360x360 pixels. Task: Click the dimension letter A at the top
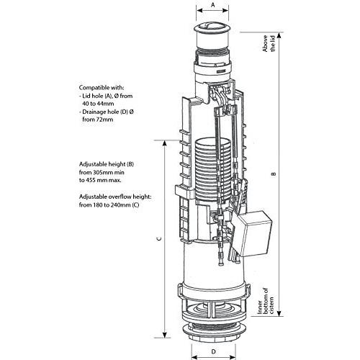click(x=212, y=5)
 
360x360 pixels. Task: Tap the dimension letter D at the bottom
click(x=213, y=352)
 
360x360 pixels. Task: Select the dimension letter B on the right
click(x=274, y=174)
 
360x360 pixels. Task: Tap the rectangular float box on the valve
click(x=252, y=233)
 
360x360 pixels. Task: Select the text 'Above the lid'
click(x=269, y=43)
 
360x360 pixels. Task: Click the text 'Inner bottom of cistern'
click(x=266, y=301)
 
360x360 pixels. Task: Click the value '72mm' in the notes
click(x=104, y=120)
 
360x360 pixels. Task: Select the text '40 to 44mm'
click(x=98, y=104)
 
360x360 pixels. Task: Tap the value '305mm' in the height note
click(x=102, y=172)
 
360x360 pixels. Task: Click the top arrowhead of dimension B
click(x=279, y=35)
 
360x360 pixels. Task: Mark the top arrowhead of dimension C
click(x=165, y=143)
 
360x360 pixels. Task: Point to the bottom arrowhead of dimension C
click(x=165, y=335)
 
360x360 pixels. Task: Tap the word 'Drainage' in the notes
click(x=94, y=112)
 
